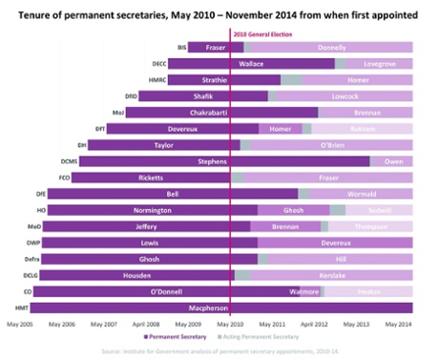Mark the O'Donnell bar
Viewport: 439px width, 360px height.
pyautogui.click(x=167, y=291)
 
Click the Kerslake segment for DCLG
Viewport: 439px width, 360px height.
pyautogui.click(x=333, y=275)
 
